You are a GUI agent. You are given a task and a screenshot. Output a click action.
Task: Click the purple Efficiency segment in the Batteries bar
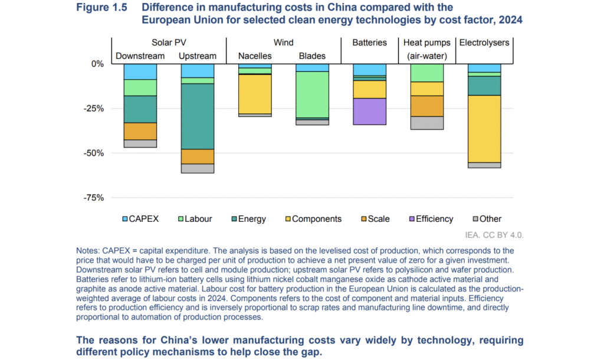click(370, 111)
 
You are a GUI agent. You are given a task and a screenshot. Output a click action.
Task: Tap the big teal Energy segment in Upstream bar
click(198, 116)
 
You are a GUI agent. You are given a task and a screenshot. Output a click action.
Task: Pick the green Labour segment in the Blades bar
click(313, 94)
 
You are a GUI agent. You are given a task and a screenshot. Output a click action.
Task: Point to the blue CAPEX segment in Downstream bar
click(140, 71)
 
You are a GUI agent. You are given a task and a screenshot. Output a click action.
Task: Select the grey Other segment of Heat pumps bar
click(427, 123)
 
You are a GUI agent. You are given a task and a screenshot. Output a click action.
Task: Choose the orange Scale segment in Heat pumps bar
click(427, 106)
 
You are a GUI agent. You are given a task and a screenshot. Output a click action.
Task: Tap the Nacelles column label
click(255, 56)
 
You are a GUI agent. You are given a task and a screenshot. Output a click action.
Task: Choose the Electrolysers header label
click(484, 42)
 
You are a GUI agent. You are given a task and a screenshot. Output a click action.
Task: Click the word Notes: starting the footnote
click(88, 250)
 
